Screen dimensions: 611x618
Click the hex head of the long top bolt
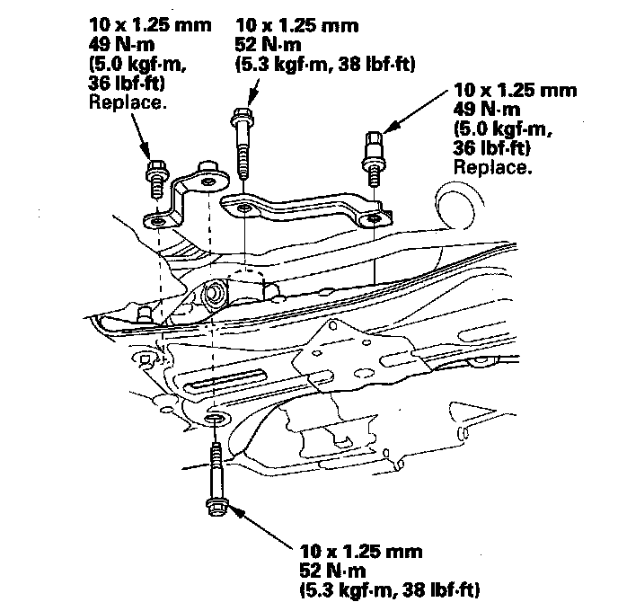pos(240,116)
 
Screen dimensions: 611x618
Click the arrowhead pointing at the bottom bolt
pos(232,509)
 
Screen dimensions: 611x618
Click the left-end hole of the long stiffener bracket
pos(244,208)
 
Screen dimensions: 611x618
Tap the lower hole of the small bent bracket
pos(158,218)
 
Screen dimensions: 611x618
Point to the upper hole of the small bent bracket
pos(207,182)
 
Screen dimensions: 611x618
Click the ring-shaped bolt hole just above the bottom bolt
pos(216,420)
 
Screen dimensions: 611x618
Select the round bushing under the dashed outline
pos(215,292)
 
